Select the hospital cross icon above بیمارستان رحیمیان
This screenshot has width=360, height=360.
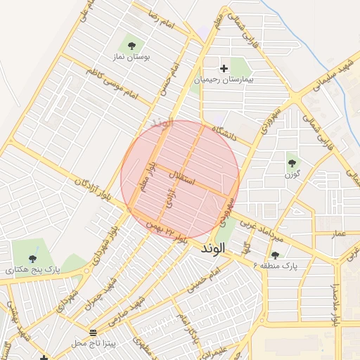click(x=224, y=68)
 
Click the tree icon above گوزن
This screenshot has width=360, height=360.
click(x=292, y=164)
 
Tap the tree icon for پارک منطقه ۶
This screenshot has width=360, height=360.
click(x=275, y=255)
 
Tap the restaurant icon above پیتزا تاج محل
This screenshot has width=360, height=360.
click(x=94, y=331)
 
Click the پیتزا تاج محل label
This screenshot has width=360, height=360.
click(x=91, y=342)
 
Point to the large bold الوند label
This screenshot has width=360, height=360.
click(x=211, y=248)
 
